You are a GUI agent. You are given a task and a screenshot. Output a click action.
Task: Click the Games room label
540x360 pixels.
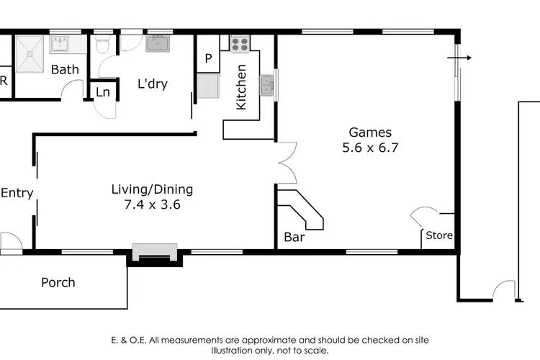point(370,132)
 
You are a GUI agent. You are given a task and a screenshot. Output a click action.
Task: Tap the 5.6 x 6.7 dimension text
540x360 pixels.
point(370,148)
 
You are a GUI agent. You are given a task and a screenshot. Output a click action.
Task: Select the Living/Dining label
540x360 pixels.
point(152,189)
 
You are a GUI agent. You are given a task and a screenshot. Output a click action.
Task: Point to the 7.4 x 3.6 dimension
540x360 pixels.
point(152,204)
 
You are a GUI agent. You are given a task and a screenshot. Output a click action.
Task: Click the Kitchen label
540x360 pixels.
point(241,87)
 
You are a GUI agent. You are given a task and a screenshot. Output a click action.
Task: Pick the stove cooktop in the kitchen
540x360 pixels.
point(239,43)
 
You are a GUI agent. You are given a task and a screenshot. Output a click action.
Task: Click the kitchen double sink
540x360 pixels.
point(267,86)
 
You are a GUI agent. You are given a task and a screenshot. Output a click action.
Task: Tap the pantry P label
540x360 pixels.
point(209,59)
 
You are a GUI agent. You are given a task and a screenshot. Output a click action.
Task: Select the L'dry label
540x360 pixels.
point(152,84)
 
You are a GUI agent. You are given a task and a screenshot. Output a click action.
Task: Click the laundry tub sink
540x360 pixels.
point(158,43)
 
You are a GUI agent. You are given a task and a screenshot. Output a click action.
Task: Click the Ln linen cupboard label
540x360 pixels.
point(103,92)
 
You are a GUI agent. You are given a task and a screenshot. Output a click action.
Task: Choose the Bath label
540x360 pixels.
point(64,70)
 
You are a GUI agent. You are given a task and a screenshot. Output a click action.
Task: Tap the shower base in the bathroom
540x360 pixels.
point(31,48)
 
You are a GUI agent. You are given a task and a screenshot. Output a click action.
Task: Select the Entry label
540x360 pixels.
point(17,193)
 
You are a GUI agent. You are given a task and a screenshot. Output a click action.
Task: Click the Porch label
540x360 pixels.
point(58,282)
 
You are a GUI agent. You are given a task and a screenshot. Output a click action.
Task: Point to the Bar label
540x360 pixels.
point(295,237)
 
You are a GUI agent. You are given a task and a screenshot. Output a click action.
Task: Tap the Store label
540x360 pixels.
point(438,235)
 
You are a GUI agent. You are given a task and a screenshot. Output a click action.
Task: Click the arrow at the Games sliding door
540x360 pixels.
point(460,58)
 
